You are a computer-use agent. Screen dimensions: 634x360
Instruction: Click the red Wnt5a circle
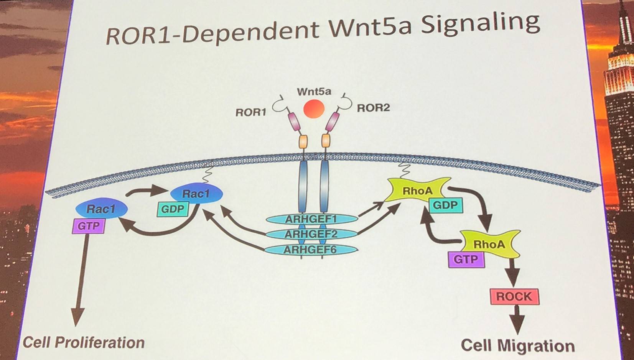point(314,108)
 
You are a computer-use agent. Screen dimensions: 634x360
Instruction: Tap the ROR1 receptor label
point(251,113)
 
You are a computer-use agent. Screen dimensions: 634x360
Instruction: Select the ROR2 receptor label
point(373,108)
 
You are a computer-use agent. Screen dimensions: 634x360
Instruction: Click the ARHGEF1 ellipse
point(311,219)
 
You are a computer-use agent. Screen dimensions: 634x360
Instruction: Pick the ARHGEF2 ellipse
point(311,234)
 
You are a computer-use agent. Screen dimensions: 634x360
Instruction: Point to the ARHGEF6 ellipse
point(311,250)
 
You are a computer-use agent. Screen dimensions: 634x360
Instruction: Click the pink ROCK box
point(515,297)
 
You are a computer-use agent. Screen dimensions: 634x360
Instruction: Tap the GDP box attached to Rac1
point(173,209)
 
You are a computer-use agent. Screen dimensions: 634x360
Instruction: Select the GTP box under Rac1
point(89,226)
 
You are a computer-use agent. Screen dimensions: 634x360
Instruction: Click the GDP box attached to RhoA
point(446,205)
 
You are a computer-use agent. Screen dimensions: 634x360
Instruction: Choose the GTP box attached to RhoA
point(466,259)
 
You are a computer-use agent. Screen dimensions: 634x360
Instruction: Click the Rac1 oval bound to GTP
point(101,209)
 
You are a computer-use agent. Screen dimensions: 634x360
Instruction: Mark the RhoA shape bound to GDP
point(418,190)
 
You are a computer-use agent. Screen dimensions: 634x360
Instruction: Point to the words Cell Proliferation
point(84,342)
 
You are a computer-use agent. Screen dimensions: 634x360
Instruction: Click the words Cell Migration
point(518,345)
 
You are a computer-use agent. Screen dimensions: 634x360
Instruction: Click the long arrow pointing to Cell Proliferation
point(82,280)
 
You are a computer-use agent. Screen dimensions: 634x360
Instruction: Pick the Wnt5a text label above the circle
point(314,91)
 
